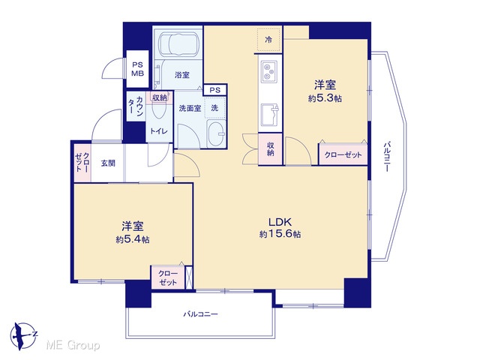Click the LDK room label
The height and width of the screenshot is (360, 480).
pos(280,221)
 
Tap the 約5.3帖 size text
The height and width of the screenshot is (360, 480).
pos(325,98)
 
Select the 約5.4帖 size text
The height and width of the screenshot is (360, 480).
pos(133,239)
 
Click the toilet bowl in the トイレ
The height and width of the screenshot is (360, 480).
pos(159,110)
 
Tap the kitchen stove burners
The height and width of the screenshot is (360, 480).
pos(269,71)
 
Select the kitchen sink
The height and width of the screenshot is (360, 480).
pos(269,115)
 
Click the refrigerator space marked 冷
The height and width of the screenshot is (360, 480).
pos(268,40)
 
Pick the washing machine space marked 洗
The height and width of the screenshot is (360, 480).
pos(215,108)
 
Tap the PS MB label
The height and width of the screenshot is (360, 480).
pos(137,69)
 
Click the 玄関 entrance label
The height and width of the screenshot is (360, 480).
pos(108,163)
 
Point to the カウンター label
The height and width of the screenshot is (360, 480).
pos(135,106)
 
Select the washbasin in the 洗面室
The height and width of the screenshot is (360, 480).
pos(216,134)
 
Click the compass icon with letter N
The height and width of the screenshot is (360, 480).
pos(23,336)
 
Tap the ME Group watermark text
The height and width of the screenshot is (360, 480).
pos(73,346)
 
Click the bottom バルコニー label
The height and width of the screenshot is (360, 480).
pos(200,314)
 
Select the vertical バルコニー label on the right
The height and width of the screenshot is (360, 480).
pos(387,156)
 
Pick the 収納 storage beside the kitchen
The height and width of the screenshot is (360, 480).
pos(270,149)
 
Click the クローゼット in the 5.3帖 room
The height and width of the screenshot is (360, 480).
pos(343,154)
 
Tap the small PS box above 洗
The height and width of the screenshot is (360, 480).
pos(215,90)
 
